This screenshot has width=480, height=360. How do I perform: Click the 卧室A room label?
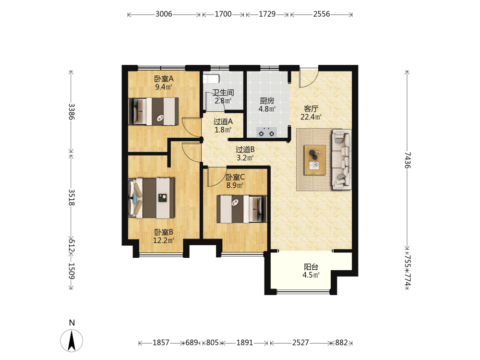[164, 79]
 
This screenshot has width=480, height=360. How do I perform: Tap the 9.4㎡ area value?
[164, 87]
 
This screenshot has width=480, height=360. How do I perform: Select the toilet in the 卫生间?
[211, 79]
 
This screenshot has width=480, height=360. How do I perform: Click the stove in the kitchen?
[266, 132]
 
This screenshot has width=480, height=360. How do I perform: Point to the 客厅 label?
[311, 108]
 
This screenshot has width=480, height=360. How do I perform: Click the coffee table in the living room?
[315, 160]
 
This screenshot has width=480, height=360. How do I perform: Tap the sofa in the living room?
[342, 159]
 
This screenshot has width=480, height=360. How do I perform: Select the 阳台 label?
[311, 267]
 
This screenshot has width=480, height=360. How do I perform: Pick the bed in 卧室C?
[242, 209]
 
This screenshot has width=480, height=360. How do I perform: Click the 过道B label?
[245, 149]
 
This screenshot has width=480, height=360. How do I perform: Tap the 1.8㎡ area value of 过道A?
[223, 130]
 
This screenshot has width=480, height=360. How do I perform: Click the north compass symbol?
[72, 340]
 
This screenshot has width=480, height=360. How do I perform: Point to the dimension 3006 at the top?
[164, 14]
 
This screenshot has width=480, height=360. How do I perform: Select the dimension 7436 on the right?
[407, 160]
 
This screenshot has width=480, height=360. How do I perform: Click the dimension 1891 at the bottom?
[245, 343]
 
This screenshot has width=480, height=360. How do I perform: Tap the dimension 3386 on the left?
[71, 112]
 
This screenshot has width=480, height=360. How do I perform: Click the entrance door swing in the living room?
[309, 79]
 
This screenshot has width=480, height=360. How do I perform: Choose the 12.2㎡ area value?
[164, 240]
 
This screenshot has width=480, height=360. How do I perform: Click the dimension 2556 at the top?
[322, 14]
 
